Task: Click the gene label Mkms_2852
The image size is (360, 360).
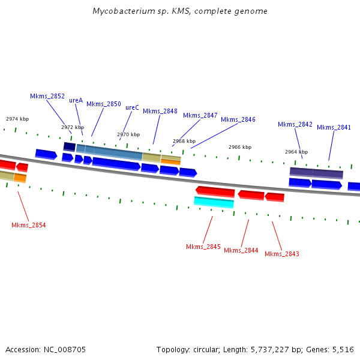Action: pos(47,96)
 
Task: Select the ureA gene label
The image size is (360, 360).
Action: pos(76,100)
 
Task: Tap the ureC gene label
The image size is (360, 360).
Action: pos(132,107)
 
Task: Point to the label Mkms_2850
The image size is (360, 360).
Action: pos(104,104)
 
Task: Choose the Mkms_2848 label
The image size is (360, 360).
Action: pos(160,111)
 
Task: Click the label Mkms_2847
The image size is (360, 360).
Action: pos(200,115)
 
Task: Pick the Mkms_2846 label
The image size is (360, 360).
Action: pos(238,119)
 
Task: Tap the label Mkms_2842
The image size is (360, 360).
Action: pos(295,124)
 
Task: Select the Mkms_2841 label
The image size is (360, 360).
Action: pos(334,127)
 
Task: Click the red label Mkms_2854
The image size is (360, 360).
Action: pos(29,225)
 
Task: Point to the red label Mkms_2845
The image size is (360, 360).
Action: pos(203,247)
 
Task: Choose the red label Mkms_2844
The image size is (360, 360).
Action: pos(241,250)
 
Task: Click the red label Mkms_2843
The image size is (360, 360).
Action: pos(282,254)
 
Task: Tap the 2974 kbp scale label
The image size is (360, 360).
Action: pos(17,119)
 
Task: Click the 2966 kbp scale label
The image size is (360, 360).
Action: pos(240,147)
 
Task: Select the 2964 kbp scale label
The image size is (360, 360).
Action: pos(296,152)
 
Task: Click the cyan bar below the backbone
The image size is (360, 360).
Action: pos(214,202)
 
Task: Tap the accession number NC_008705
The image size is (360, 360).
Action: pos(64,349)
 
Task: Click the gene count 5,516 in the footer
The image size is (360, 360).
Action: pos(342,349)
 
